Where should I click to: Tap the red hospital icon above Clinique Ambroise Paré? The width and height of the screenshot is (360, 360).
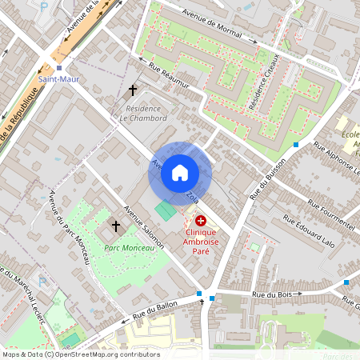pos(200,219)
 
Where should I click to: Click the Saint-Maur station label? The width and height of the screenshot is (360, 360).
pos(58,79)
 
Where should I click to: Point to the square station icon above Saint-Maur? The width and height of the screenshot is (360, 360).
pos(58,69)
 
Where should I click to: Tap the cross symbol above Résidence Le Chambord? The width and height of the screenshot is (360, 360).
pos(133,91)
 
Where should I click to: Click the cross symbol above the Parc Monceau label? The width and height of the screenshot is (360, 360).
pos(116,227)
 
